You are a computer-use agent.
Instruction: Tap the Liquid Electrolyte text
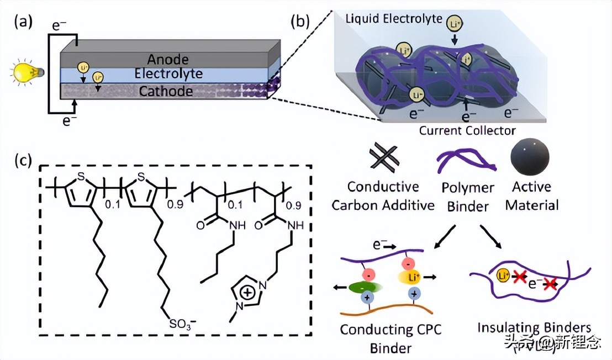[394, 19]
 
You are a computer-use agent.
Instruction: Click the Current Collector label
[467, 130]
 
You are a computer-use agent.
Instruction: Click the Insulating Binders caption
[534, 326]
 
